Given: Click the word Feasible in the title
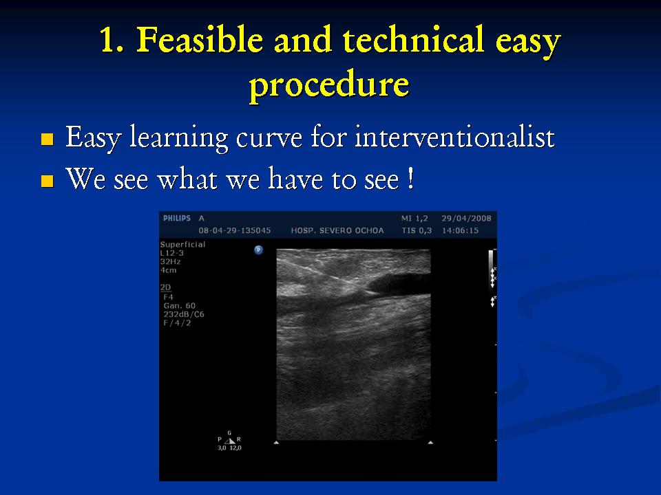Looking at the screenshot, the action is pyautogui.click(x=199, y=40).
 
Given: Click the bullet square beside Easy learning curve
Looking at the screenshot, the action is pyautogui.click(x=48, y=139).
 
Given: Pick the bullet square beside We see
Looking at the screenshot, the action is pyautogui.click(x=48, y=181).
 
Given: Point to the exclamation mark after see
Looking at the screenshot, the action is pyautogui.click(x=410, y=179).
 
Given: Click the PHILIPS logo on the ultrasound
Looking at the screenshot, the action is pyautogui.click(x=177, y=218).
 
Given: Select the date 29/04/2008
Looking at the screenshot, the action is pyautogui.click(x=466, y=219).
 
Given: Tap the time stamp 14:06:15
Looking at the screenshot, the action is pyautogui.click(x=460, y=231).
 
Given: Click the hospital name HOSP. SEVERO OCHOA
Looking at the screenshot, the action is pyautogui.click(x=337, y=231).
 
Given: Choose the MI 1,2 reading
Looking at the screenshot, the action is pyautogui.click(x=415, y=219).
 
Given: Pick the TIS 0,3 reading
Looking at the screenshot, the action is pyautogui.click(x=417, y=231).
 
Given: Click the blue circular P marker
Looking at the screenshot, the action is pyautogui.click(x=258, y=250).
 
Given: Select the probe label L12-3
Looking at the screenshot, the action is pyautogui.click(x=172, y=253).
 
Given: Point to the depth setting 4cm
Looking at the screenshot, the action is pyautogui.click(x=168, y=270).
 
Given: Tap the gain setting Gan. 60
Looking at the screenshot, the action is pyautogui.click(x=180, y=305).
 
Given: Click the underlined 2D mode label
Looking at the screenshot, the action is pyautogui.click(x=166, y=287).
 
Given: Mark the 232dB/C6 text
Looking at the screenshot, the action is pyautogui.click(x=184, y=314).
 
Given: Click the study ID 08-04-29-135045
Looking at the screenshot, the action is pyautogui.click(x=235, y=231).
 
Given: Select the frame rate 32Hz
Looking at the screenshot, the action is pyautogui.click(x=170, y=261).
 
